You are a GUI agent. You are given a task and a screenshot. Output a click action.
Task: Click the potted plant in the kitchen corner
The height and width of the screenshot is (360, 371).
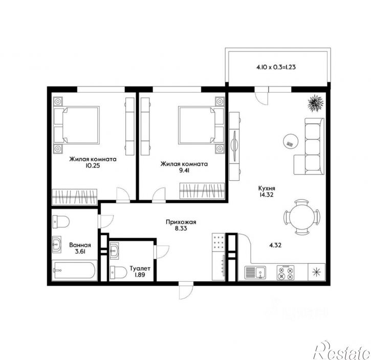click(x=315, y=103)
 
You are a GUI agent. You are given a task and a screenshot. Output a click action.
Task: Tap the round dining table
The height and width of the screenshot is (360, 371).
click(x=302, y=217)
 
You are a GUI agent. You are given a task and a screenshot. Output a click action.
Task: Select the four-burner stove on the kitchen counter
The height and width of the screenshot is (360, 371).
click(x=286, y=273)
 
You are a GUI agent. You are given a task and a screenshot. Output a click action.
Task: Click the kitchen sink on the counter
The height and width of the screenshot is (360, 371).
click(x=255, y=273)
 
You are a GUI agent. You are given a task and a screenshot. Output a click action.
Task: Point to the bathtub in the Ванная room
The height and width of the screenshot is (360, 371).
click(x=74, y=270)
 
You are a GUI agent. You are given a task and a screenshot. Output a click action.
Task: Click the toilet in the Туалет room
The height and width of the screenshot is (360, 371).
click(x=118, y=272)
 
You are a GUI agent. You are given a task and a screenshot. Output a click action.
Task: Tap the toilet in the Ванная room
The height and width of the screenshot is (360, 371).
click(x=60, y=222)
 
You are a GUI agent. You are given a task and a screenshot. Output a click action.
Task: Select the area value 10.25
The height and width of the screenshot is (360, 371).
click(x=93, y=165)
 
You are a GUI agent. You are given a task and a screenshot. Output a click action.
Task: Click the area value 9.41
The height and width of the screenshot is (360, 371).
click(x=184, y=171)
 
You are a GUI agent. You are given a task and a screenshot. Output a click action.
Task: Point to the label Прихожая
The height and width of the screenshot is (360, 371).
click(x=181, y=222)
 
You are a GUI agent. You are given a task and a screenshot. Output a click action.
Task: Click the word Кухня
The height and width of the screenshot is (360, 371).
click(x=267, y=188)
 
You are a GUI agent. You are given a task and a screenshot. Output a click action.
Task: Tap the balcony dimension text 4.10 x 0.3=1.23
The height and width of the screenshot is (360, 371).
click(x=276, y=67)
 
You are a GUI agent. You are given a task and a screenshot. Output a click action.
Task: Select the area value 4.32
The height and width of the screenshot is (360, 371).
click(x=275, y=245)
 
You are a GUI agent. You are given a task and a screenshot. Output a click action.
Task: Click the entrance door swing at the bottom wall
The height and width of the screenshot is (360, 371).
click(x=186, y=291)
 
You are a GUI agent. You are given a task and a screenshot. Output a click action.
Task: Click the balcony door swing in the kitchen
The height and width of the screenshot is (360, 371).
click(x=262, y=96)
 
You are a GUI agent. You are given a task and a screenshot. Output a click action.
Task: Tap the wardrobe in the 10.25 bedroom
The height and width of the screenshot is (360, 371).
click(x=75, y=197)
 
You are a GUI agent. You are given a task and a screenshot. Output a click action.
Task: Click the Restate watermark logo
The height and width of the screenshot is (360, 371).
click(x=342, y=351)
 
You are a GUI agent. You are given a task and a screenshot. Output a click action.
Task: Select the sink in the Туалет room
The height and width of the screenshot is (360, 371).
click(x=114, y=249)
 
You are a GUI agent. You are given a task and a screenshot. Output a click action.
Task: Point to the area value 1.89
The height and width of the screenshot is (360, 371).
click(x=140, y=274)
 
